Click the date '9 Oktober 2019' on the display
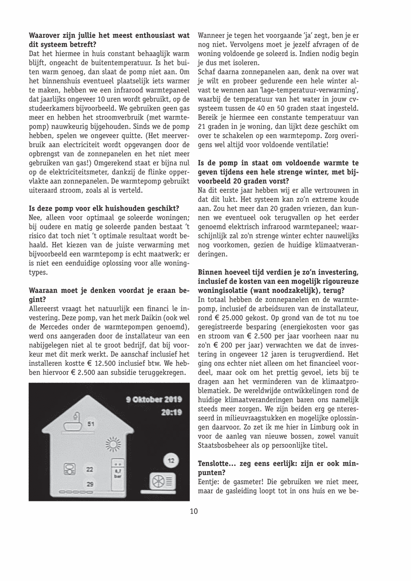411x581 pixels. click(x=154, y=400)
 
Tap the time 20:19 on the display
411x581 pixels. click(x=171, y=412)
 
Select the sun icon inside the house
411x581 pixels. click(x=112, y=444)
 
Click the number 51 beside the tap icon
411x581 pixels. click(x=91, y=423)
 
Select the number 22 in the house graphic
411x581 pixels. click(x=89, y=469)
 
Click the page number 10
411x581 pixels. click(x=194, y=512)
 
